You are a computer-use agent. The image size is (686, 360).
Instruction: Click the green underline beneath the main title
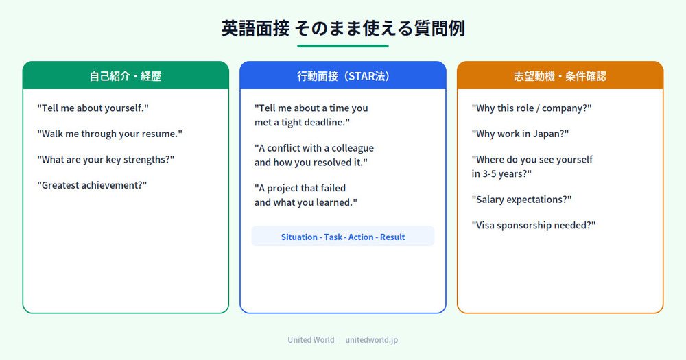point(342,45)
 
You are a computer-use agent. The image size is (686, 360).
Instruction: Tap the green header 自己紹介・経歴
point(126,75)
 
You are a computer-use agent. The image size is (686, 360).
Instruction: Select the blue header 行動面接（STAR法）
point(343,75)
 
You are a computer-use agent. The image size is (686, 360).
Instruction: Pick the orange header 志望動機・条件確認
point(560,75)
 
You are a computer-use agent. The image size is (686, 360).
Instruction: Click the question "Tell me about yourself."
point(93,108)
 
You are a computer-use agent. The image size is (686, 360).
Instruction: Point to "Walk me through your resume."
point(110,134)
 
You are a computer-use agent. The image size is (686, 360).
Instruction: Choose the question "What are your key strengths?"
point(106,160)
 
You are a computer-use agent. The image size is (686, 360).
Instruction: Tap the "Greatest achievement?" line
point(92,185)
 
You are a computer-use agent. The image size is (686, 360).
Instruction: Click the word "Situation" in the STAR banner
point(299,237)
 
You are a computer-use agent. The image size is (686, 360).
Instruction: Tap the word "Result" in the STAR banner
point(392,237)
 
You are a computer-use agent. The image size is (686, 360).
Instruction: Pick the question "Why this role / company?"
point(532,108)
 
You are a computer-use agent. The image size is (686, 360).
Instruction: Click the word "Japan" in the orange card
point(552,134)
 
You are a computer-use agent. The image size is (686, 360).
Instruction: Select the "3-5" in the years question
point(489,174)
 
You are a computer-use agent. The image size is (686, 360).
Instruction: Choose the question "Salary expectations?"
point(521,200)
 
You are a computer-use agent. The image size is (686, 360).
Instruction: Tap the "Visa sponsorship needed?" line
point(534,226)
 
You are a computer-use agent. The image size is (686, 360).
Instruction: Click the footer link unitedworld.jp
point(371,340)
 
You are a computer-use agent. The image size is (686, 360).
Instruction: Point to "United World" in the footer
point(311,340)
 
